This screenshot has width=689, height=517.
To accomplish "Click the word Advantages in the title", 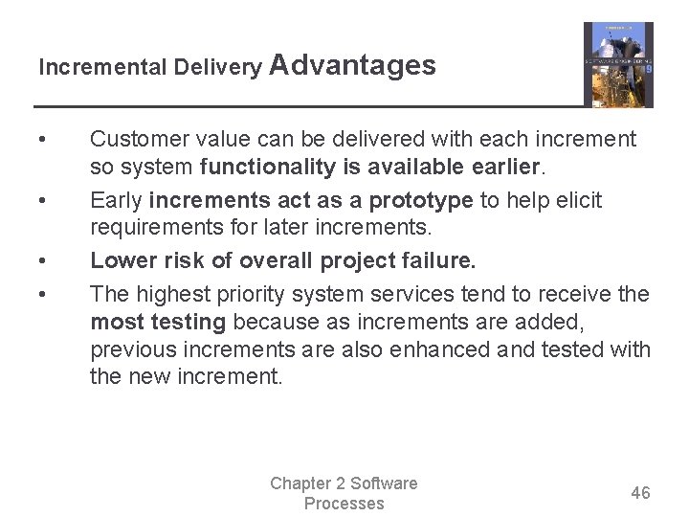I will click(x=353, y=65).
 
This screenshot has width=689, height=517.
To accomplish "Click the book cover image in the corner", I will click(x=618, y=65).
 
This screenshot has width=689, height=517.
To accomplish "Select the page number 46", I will click(x=640, y=493).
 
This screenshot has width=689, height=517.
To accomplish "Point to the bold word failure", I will click(x=440, y=261).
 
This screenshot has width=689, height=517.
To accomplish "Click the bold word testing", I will click(x=190, y=322).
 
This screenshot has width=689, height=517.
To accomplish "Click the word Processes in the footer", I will click(x=344, y=504).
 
